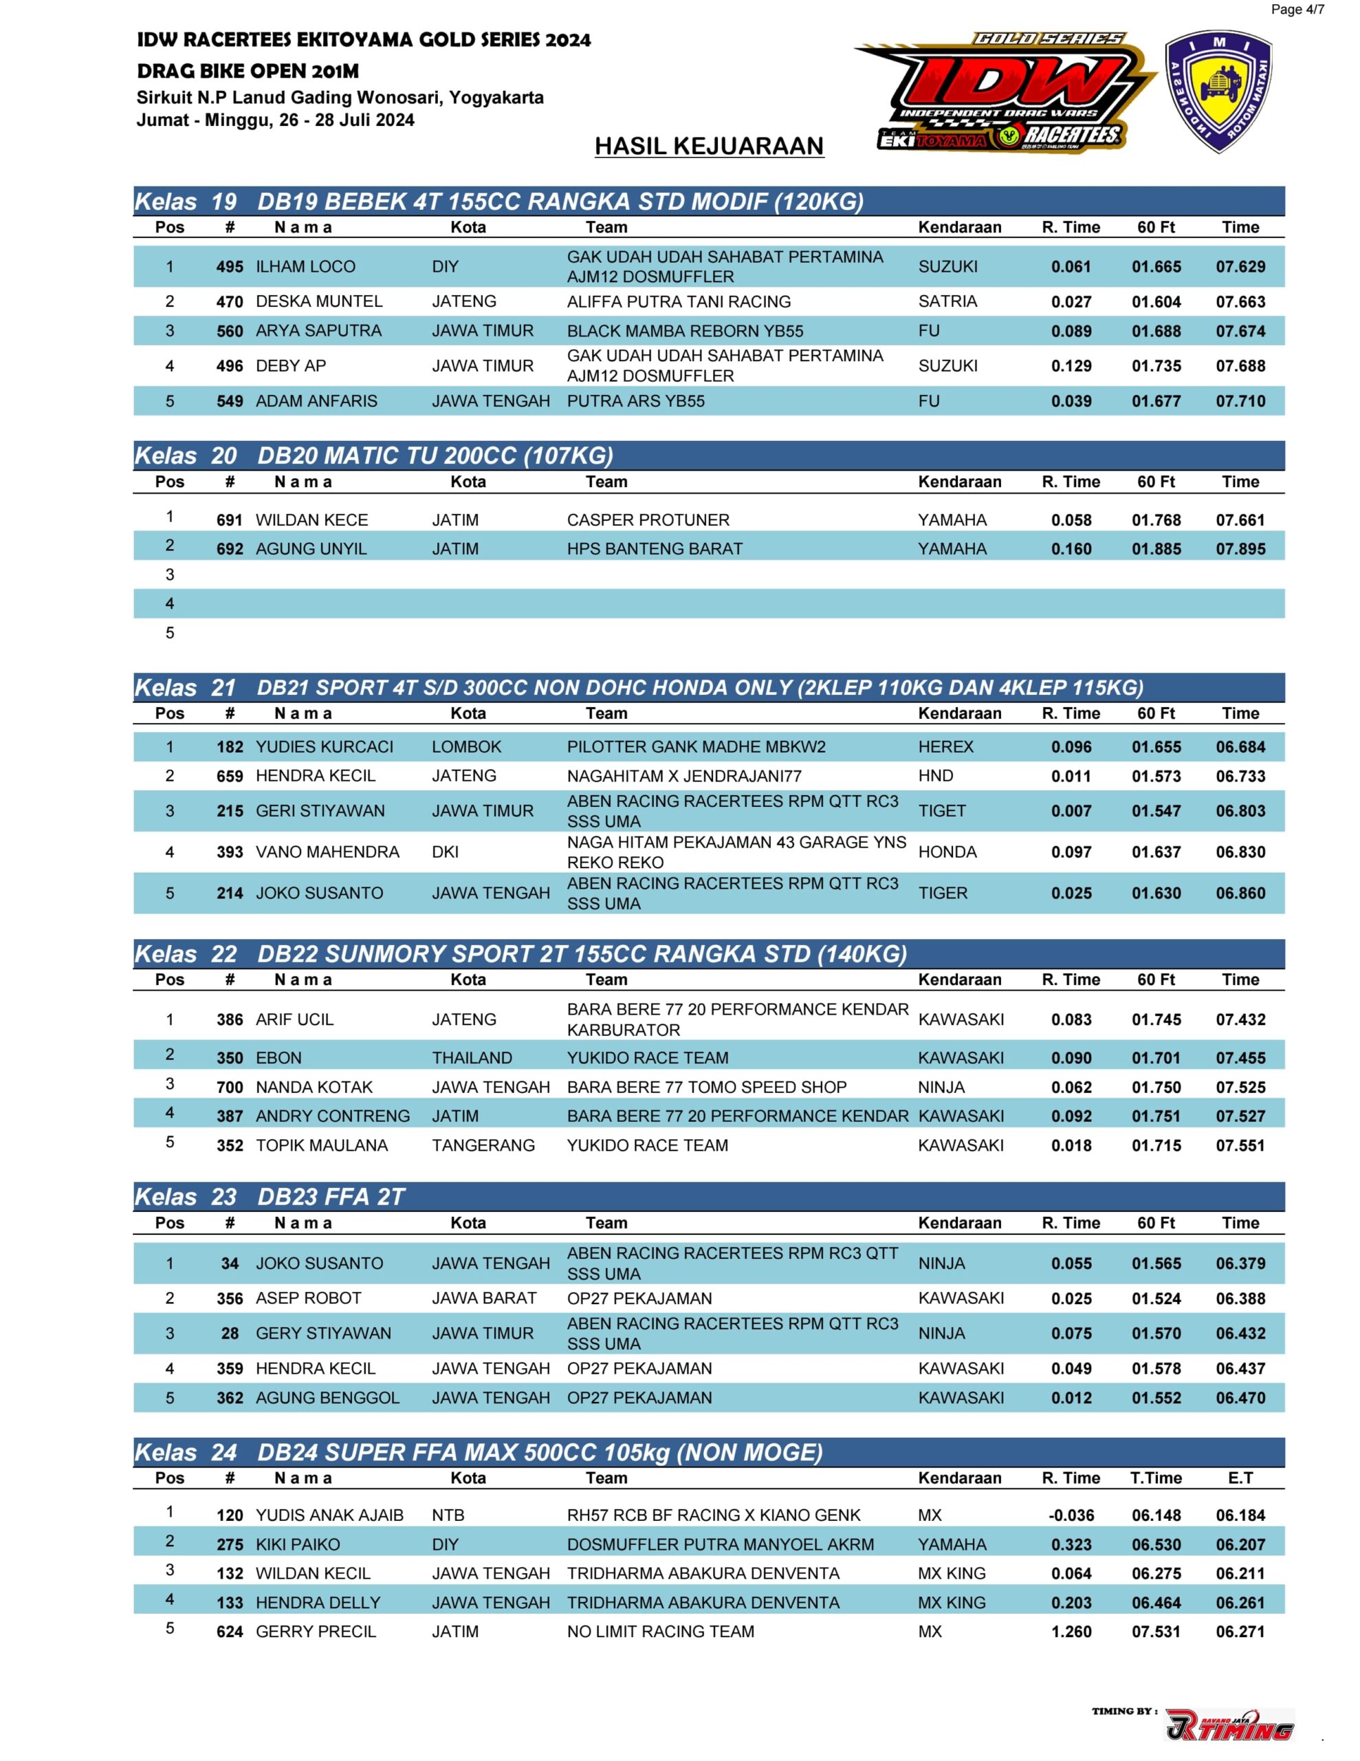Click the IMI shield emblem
click(1218, 92)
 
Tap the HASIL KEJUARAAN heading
click(709, 146)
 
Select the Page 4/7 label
click(1296, 10)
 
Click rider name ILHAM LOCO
click(305, 267)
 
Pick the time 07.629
click(1240, 267)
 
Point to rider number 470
click(230, 301)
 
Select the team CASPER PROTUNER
click(648, 520)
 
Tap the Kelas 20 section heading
click(373, 455)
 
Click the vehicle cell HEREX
click(945, 746)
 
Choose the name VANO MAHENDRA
click(327, 852)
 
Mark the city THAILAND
click(472, 1058)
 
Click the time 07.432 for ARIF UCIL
click(1240, 1019)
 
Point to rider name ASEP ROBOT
click(308, 1298)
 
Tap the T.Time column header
click(1155, 1478)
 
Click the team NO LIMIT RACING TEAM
click(660, 1631)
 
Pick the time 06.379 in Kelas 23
click(1240, 1264)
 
